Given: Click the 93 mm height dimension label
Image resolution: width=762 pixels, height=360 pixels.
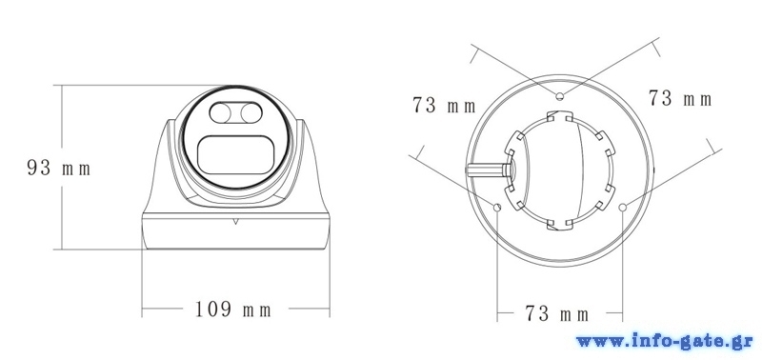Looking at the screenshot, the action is pyautogui.click(x=59, y=169).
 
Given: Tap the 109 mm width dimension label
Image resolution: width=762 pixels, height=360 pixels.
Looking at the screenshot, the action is pyautogui.click(x=232, y=309).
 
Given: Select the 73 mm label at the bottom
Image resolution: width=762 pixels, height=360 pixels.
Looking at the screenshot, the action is pyautogui.click(x=557, y=314).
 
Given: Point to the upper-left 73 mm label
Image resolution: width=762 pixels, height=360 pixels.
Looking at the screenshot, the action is pyautogui.click(x=444, y=105).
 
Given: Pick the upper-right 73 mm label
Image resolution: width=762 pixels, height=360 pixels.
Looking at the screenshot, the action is pyautogui.click(x=680, y=99).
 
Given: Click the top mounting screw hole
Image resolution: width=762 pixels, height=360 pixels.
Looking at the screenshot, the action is pyautogui.click(x=560, y=95).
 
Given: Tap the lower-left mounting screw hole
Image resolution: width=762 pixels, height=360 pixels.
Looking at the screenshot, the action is pyautogui.click(x=497, y=208).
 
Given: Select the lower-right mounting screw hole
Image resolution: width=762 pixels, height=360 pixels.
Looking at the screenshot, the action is pyautogui.click(x=623, y=207).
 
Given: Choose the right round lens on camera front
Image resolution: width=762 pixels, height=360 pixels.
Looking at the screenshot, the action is pyautogui.click(x=251, y=113).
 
